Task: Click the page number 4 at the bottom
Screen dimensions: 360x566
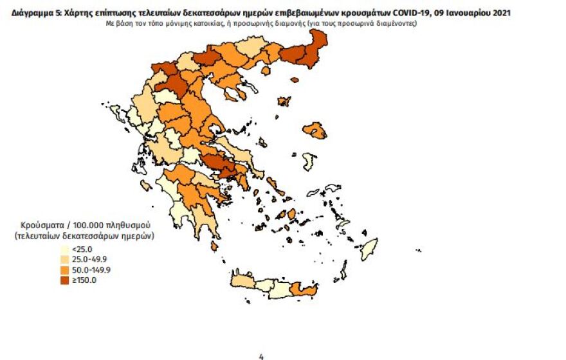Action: click(x=261, y=356)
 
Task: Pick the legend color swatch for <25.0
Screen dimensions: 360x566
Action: click(x=64, y=250)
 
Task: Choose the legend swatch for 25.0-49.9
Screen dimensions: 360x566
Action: click(x=64, y=260)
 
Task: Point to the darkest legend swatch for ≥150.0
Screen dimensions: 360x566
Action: click(x=64, y=280)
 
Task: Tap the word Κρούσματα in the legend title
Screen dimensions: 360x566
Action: click(x=41, y=226)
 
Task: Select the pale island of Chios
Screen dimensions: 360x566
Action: click(x=309, y=161)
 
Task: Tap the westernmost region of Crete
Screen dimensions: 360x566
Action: click(x=242, y=282)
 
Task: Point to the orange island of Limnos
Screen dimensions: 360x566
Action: click(x=283, y=102)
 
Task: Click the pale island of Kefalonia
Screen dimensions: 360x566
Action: click(x=146, y=186)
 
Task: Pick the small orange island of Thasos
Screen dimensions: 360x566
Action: click(x=294, y=80)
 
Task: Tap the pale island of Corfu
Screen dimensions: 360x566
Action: click(x=118, y=114)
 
